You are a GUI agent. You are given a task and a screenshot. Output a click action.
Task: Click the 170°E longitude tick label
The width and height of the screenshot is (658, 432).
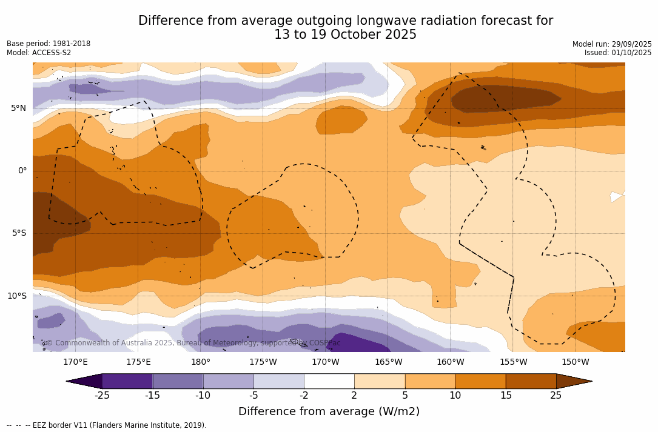[x=75, y=362]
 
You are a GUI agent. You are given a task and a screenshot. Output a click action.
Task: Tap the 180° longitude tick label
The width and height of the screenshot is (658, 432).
[x=201, y=362]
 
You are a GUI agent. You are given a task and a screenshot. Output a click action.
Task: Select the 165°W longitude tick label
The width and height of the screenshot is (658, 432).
[x=388, y=362]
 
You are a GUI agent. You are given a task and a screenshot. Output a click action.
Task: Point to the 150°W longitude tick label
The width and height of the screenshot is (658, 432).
[x=575, y=362]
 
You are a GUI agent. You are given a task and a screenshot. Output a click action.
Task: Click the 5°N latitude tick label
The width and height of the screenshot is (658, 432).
[x=18, y=108]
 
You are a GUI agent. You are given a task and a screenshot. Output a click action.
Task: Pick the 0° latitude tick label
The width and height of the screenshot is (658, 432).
[x=22, y=171]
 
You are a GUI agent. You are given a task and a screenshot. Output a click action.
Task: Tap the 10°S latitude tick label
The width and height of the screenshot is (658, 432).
[x=16, y=296]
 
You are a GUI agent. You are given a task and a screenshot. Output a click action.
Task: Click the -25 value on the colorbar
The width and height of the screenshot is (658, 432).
[x=102, y=396]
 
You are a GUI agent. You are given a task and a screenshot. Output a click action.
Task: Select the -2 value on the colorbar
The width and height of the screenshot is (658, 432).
[x=304, y=396]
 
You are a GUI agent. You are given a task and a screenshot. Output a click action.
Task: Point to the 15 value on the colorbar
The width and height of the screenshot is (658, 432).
[x=506, y=396]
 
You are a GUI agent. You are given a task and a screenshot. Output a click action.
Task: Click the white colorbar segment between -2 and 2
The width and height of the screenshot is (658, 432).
[x=329, y=381]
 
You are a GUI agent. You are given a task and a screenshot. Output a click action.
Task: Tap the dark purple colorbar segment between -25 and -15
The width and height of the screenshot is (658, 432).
[x=127, y=381]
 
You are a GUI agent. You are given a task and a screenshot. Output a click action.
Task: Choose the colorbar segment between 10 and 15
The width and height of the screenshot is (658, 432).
[x=480, y=381]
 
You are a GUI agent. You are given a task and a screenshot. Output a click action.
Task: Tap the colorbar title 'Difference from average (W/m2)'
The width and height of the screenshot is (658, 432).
[x=329, y=412]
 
